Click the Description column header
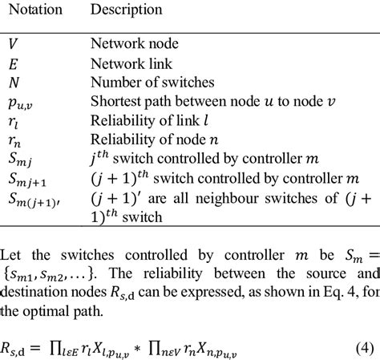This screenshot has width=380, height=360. pos(126,10)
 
